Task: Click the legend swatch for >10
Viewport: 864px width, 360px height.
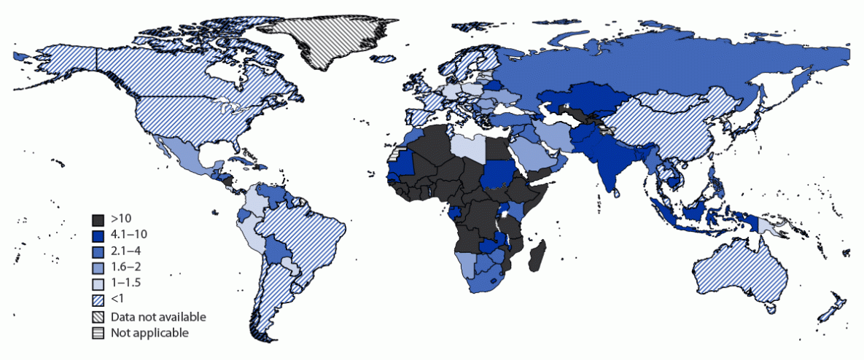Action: (x=98, y=219)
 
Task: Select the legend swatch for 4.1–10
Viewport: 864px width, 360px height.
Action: (x=98, y=235)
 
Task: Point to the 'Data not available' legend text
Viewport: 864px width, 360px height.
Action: (x=158, y=317)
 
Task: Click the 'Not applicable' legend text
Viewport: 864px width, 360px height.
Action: (x=149, y=333)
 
